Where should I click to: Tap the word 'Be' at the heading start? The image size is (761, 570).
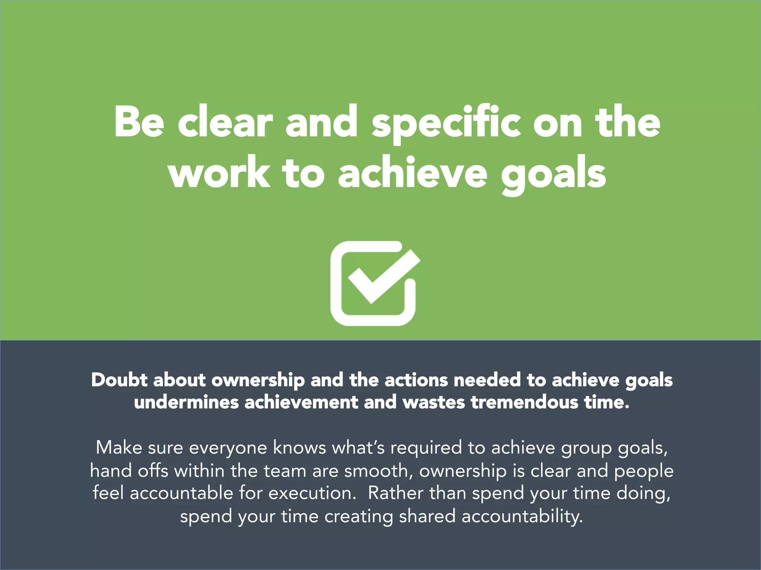click(x=139, y=122)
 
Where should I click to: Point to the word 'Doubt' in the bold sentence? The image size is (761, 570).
click(x=119, y=380)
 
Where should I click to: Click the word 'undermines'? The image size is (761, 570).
click(x=186, y=403)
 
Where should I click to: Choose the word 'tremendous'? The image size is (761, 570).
click(x=524, y=403)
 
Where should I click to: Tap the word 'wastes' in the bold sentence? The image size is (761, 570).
click(x=434, y=403)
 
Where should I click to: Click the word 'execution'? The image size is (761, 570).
click(x=310, y=493)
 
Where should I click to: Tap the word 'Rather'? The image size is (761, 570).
click(x=395, y=493)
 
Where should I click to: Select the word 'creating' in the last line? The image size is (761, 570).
click(x=359, y=517)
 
